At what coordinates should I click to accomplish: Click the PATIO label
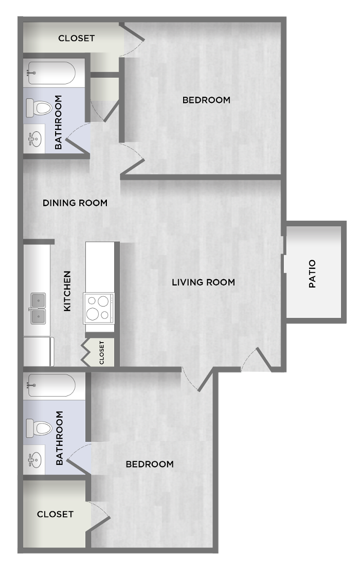312,274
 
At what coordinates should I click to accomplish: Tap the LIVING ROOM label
203,282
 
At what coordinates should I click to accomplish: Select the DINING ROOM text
75,203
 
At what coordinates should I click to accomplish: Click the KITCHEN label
67,291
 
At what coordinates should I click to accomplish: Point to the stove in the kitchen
99,308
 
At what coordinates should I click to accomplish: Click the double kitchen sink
38,309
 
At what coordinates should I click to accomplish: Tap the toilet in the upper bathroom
39,108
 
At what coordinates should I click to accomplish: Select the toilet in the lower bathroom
39,428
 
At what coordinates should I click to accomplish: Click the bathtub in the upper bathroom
51,73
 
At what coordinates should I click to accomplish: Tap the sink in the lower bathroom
35,460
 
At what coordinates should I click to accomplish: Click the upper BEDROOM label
206,100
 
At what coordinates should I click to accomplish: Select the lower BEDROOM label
150,464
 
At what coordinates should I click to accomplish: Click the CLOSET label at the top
77,38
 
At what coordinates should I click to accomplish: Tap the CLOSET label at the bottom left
55,514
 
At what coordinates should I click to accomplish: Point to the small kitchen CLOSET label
102,353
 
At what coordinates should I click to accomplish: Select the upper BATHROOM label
58,122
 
